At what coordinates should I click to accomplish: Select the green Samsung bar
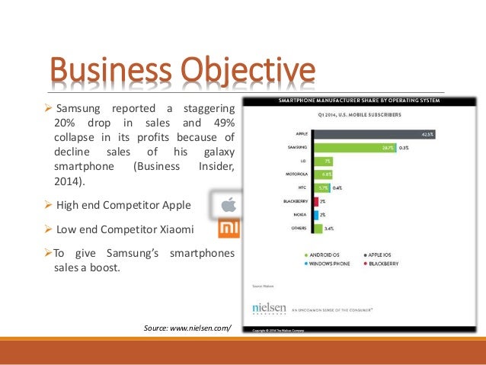pyautogui.click(x=353, y=148)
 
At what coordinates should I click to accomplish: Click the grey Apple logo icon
pyautogui.click(x=228, y=204)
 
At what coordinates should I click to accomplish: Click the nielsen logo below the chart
pyautogui.click(x=270, y=307)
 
